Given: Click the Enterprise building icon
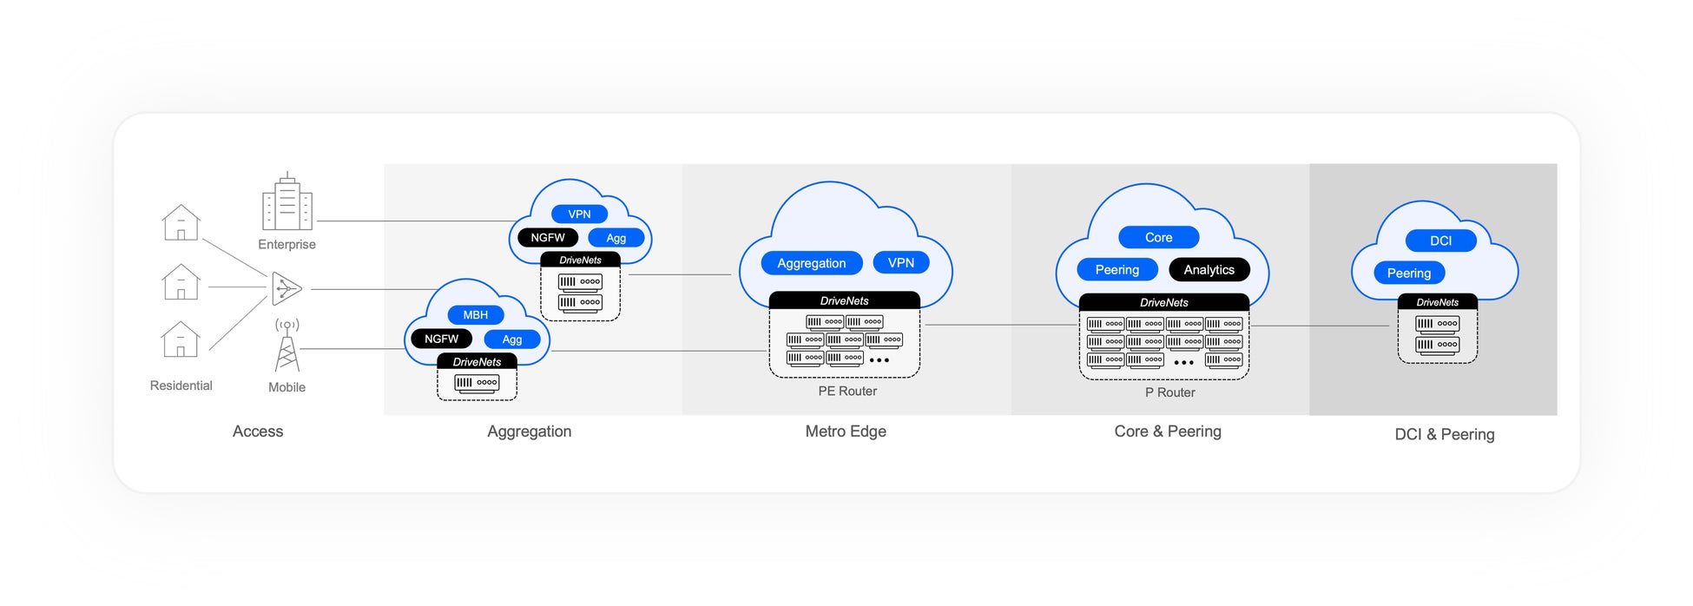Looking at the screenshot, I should pos(287,203).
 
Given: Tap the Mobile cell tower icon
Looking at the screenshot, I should pos(287,346).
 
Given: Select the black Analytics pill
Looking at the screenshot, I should pos(1209,270).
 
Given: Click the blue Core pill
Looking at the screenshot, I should pos(1158,237).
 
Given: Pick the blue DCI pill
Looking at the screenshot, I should pos(1440,240).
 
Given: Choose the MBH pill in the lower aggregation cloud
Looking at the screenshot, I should pos(475,315).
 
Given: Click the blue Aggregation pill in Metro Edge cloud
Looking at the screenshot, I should pos(811,263).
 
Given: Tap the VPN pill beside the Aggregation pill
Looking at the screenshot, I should pos(900,262).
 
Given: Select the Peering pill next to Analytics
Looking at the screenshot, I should pos(1117,270).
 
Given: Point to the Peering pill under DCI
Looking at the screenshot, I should pos(1408,273).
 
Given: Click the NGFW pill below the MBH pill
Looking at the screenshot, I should pos(441,339).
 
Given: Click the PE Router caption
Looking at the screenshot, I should pos(847,392).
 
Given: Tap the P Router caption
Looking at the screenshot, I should pos(1169,392).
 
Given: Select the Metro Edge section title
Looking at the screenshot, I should pos(846,431).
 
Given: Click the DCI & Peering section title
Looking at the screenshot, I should pos(1444,434).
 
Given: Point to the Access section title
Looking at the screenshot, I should pos(258,431).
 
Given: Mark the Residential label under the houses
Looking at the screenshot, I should pos(181,385).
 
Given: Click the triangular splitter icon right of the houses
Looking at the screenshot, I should pos(286,288).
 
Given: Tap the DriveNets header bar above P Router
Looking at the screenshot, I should pos(1163,302).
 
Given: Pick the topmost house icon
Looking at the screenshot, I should pos(181,223).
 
